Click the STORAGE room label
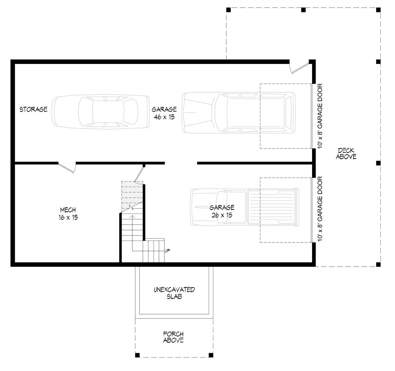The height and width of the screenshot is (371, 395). pyautogui.click(x=34, y=110)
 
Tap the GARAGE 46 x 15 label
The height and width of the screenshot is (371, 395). pyautogui.click(x=164, y=113)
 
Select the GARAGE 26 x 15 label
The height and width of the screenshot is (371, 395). pyautogui.click(x=222, y=212)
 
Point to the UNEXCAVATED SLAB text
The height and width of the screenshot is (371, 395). pyautogui.click(x=174, y=293)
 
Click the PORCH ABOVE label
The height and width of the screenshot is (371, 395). pyautogui.click(x=173, y=337)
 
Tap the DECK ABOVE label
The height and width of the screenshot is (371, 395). pyautogui.click(x=346, y=153)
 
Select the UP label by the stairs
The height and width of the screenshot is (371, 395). pyautogui.click(x=167, y=251)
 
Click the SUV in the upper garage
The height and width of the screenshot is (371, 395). pyautogui.click(x=238, y=112)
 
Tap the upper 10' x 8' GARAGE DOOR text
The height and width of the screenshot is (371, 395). pyautogui.click(x=320, y=116)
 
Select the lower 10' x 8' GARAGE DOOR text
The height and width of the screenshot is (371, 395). pyautogui.click(x=320, y=209)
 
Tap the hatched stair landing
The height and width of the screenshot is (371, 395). pyautogui.click(x=132, y=195)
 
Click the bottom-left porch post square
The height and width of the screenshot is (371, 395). pyautogui.click(x=137, y=354)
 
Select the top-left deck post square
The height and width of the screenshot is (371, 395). pyautogui.click(x=228, y=9)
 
